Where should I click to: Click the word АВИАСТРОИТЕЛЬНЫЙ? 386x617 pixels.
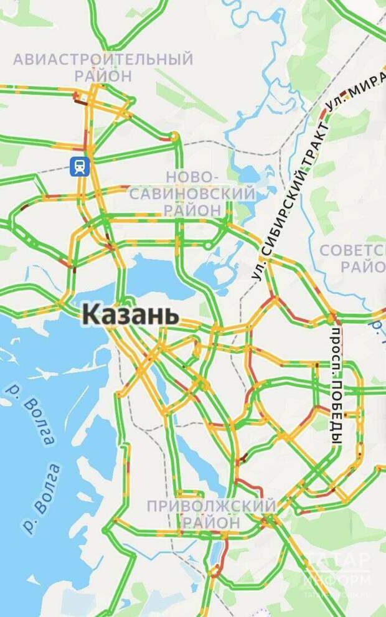pos(103,60)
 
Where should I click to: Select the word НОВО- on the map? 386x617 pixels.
pos(193,176)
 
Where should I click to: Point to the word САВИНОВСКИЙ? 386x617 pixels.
pos(193,193)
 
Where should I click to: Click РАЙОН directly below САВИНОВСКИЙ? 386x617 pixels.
pos(193,210)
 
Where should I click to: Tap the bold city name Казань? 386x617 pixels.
pos(131,314)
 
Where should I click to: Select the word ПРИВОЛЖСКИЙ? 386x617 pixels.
pos(211,505)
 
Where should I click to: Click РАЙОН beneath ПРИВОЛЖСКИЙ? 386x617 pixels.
pos(211,522)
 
